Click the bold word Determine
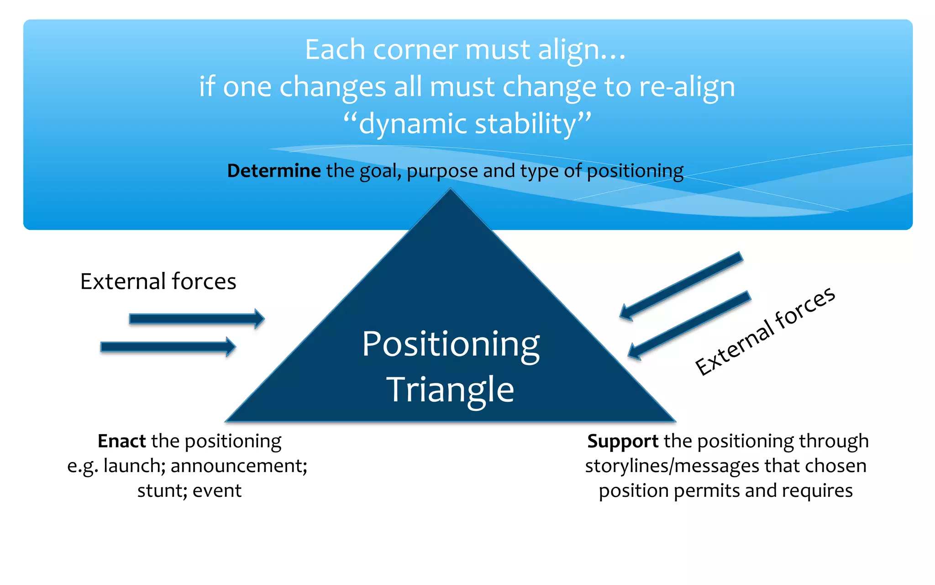274,171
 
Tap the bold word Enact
121,441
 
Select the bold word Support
623,441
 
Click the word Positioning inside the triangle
451,345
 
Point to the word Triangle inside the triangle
451,390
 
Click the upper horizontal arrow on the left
196,319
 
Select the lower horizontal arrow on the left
168,347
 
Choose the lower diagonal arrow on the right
689,325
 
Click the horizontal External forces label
158,282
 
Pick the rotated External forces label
765,331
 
